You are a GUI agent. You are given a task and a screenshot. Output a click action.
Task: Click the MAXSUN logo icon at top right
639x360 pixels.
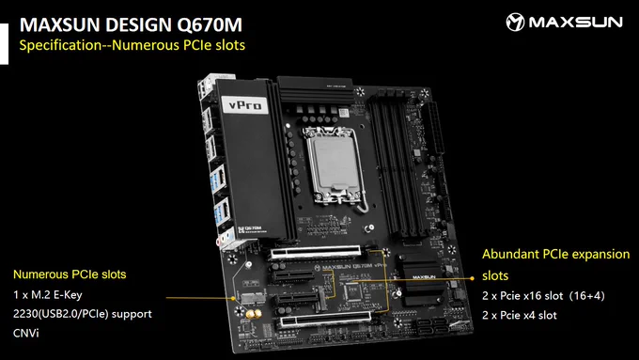pyautogui.click(x=515, y=22)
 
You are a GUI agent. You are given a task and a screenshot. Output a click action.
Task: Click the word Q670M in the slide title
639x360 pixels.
pyautogui.click(x=209, y=24)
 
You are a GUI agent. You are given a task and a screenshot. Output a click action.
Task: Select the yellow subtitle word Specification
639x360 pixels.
pyautogui.click(x=60, y=45)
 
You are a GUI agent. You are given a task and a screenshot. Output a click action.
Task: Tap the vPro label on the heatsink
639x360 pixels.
pyautogui.click(x=244, y=105)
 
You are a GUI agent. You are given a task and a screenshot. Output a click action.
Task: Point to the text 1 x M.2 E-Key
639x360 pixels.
pyautogui.click(x=48, y=294)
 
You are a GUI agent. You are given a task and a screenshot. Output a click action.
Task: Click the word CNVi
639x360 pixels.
pyautogui.click(x=26, y=333)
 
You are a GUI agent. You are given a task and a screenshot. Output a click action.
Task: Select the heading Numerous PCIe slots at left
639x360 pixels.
pyautogui.click(x=70, y=274)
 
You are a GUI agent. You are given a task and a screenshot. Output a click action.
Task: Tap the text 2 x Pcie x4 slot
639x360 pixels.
pyautogui.click(x=519, y=315)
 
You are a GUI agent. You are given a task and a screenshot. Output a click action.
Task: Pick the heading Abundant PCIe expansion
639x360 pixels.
pyautogui.click(x=556, y=254)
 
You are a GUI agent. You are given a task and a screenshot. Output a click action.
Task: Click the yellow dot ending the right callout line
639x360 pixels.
pyautogui.click(x=472, y=278)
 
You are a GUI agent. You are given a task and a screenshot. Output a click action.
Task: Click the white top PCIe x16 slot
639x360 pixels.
pyautogui.click(x=316, y=253)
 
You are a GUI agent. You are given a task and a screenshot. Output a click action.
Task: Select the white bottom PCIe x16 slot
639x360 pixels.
pyautogui.click(x=325, y=320)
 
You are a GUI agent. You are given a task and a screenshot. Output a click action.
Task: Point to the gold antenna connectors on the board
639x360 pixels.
pyautogui.click(x=253, y=314)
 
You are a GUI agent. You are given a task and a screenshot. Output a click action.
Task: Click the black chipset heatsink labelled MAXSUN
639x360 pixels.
pyautogui.click(x=422, y=281)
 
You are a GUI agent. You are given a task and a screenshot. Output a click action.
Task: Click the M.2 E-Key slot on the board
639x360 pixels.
pyautogui.click(x=253, y=299)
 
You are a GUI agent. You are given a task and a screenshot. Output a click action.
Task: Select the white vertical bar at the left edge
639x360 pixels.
pyautogui.click(x=4, y=44)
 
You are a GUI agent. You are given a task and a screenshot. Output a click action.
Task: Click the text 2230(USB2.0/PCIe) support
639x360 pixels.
pyautogui.click(x=83, y=314)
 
